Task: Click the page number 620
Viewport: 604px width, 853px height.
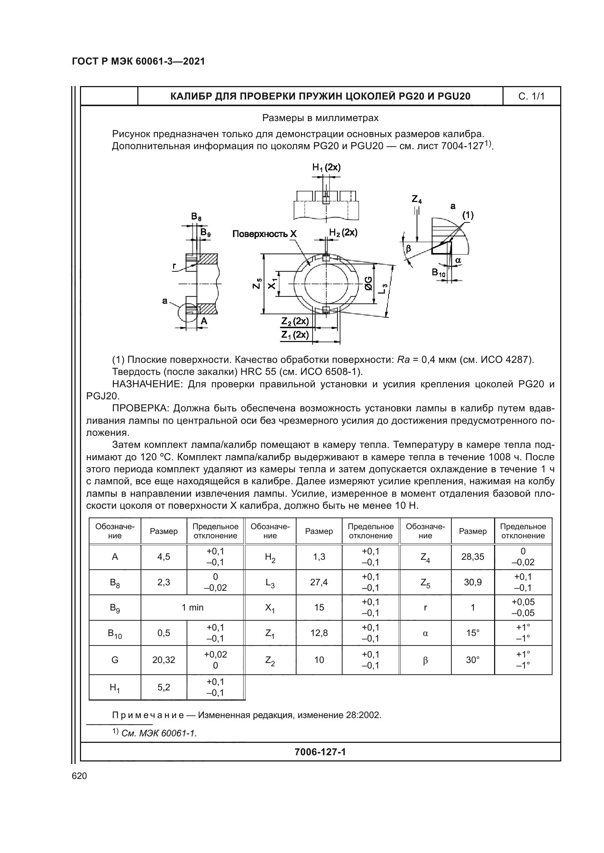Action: point(79,775)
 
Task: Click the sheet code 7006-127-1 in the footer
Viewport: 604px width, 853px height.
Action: point(320,752)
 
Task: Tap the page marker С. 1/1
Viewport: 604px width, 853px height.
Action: point(531,97)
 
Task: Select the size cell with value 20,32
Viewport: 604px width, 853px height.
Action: point(164,660)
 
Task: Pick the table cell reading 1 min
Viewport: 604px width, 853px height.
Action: point(192,608)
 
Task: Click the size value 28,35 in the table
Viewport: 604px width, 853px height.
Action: point(472,557)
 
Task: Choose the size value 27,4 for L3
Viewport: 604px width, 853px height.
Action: point(319,582)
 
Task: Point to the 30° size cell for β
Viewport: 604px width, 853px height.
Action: point(472,660)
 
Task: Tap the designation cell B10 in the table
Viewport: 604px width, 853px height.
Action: point(115,633)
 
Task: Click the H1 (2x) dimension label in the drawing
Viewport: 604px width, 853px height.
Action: point(326,167)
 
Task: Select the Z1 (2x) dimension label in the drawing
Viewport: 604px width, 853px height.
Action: point(295,335)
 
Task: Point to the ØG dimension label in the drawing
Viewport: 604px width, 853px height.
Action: point(368,283)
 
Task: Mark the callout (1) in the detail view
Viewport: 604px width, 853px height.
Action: point(467,215)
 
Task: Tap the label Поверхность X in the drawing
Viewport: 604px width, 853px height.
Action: point(264,234)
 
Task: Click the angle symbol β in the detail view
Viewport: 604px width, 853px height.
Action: point(408,249)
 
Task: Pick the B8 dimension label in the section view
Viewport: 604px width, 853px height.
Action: point(196,217)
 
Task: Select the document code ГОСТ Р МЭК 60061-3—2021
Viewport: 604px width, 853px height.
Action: point(138,61)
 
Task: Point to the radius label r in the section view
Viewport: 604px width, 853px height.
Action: point(174,266)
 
